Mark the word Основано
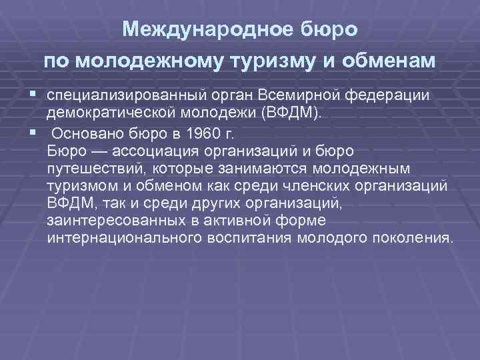(x=83, y=131)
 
